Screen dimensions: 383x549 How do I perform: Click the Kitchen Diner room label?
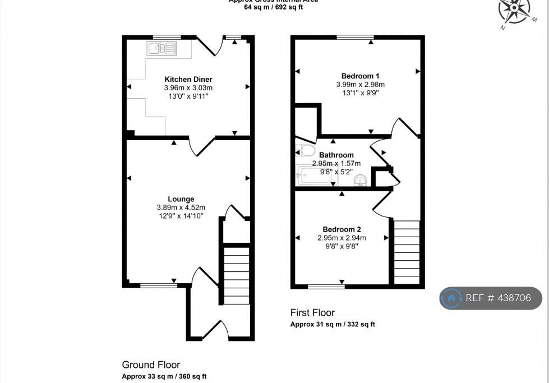pos(188,79)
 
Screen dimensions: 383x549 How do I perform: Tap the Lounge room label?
pos(181,199)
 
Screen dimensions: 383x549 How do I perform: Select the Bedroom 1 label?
pos(360,76)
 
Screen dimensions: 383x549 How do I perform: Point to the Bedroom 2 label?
pos(342,229)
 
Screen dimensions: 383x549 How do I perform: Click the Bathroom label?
pos(336,155)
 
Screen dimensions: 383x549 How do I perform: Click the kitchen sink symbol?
pos(162,48)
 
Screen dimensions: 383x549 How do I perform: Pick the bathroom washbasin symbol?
pos(361,179)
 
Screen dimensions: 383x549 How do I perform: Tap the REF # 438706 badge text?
pos(498,298)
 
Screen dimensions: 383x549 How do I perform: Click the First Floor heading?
pos(312,312)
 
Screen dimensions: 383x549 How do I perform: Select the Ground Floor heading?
pos(151,365)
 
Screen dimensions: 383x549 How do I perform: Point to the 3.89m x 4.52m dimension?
pos(181,207)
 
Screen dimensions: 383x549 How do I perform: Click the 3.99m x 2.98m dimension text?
pos(360,85)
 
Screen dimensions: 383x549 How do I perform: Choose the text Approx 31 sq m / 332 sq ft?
pos(333,325)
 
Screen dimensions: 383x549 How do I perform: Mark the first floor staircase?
pos(407,252)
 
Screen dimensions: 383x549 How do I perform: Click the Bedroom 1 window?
pos(355,38)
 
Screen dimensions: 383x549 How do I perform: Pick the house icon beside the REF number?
pos(451,298)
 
